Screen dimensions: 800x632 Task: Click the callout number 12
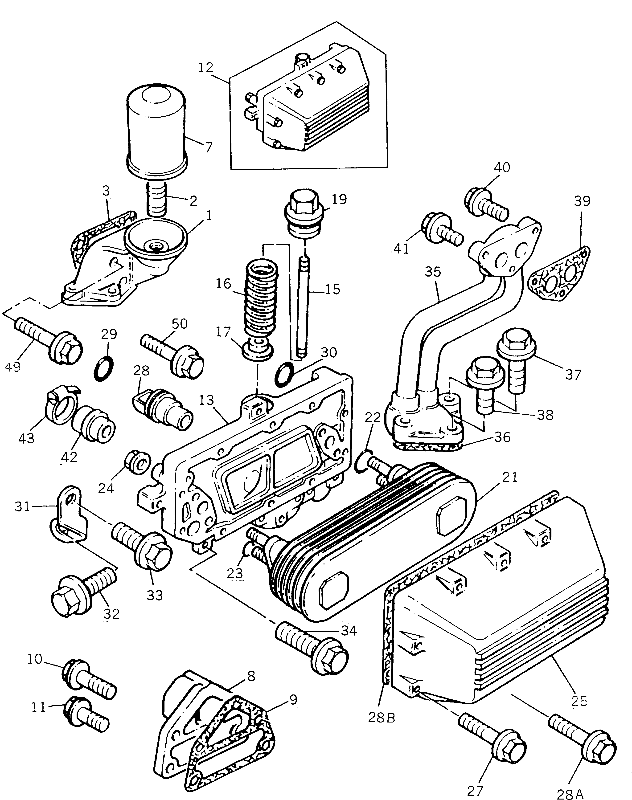click(206, 68)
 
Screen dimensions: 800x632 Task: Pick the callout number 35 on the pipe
click(433, 272)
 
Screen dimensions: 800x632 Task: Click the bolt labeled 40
click(486, 204)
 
